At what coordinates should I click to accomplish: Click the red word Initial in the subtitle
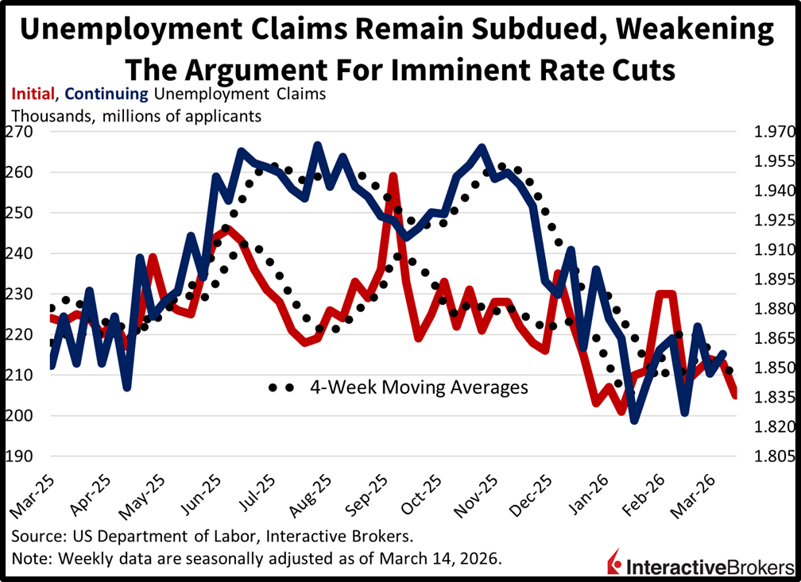pyautogui.click(x=31, y=94)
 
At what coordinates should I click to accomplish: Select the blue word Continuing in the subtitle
pyautogui.click(x=106, y=94)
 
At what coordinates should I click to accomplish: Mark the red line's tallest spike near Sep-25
pyautogui.click(x=393, y=175)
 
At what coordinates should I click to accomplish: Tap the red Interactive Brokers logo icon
pyautogui.click(x=613, y=560)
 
